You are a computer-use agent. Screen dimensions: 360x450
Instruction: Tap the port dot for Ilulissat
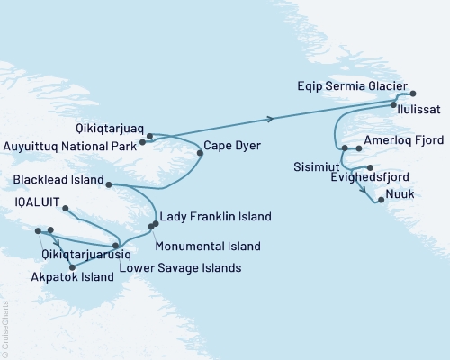pyautogui.click(x=394, y=105)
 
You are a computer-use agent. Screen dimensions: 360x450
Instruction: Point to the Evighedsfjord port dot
pyautogui.click(x=370, y=167)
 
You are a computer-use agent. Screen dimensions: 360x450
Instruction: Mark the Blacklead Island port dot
pyautogui.click(x=108, y=184)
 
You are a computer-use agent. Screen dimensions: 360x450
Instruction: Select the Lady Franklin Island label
pyautogui.click(x=215, y=217)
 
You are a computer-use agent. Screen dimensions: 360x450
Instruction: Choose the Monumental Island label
pyautogui.click(x=208, y=246)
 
